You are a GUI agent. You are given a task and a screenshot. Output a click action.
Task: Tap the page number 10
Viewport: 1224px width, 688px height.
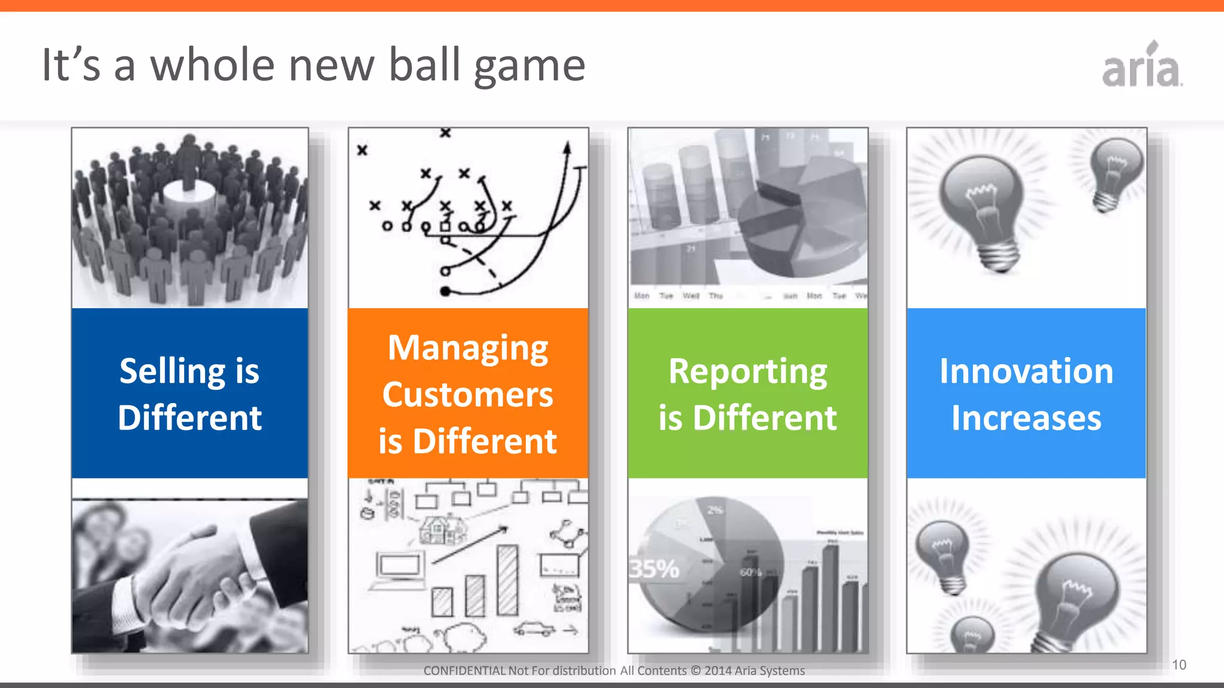(x=1179, y=665)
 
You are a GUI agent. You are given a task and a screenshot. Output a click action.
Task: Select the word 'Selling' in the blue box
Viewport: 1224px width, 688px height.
(x=172, y=371)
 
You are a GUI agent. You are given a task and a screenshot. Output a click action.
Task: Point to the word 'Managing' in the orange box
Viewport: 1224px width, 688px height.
(x=468, y=348)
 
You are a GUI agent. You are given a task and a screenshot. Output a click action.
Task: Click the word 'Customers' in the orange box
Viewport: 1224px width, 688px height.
(x=468, y=395)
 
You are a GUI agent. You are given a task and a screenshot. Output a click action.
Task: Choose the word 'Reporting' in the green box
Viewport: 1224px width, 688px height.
(x=748, y=372)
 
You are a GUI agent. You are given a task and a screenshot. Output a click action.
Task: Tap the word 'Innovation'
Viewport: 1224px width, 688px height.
(x=1026, y=371)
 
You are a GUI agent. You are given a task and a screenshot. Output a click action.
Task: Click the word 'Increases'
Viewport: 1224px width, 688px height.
(x=1026, y=418)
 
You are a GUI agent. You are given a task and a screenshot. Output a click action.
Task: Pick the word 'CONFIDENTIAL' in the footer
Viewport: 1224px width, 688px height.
(x=464, y=671)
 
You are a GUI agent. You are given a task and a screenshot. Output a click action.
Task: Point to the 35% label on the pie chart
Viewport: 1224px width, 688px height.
(x=654, y=569)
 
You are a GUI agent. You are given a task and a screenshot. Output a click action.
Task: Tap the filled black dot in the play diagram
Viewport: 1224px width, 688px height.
(x=445, y=291)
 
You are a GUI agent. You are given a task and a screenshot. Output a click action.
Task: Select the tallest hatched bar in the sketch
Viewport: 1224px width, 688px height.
(x=507, y=580)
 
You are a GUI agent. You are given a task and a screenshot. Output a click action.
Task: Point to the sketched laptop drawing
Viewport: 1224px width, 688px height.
(x=398, y=570)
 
